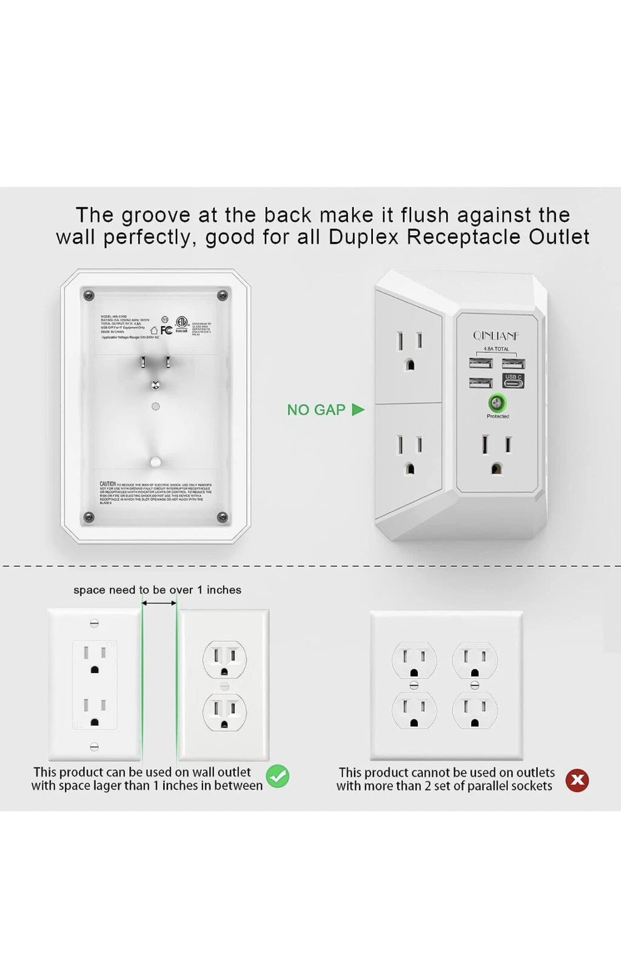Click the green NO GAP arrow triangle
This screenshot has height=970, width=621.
[x=358, y=410]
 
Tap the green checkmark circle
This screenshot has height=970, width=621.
[x=278, y=776]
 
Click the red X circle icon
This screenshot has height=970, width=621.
[x=577, y=780]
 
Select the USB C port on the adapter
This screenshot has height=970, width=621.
[x=513, y=381]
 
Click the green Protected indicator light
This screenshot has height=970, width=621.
[x=497, y=402]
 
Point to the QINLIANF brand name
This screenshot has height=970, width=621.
[x=496, y=335]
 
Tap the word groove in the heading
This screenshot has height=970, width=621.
[x=156, y=215]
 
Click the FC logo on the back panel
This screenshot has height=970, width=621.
[x=166, y=330]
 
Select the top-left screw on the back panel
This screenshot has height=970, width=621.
[x=89, y=296]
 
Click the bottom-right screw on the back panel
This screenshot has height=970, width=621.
[x=222, y=517]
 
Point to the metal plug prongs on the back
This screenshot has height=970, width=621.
[x=155, y=364]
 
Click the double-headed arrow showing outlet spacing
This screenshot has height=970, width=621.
[x=159, y=603]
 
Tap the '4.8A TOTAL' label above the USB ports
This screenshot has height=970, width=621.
[x=497, y=349]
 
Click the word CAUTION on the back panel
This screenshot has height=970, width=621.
[x=107, y=484]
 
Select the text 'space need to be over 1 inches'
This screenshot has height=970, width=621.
[x=157, y=590]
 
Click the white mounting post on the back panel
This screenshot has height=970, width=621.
[x=155, y=463]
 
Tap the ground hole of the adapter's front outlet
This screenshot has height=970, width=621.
[x=497, y=468]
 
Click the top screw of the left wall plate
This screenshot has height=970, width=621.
[x=94, y=623]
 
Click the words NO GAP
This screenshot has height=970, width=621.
[x=316, y=410]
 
